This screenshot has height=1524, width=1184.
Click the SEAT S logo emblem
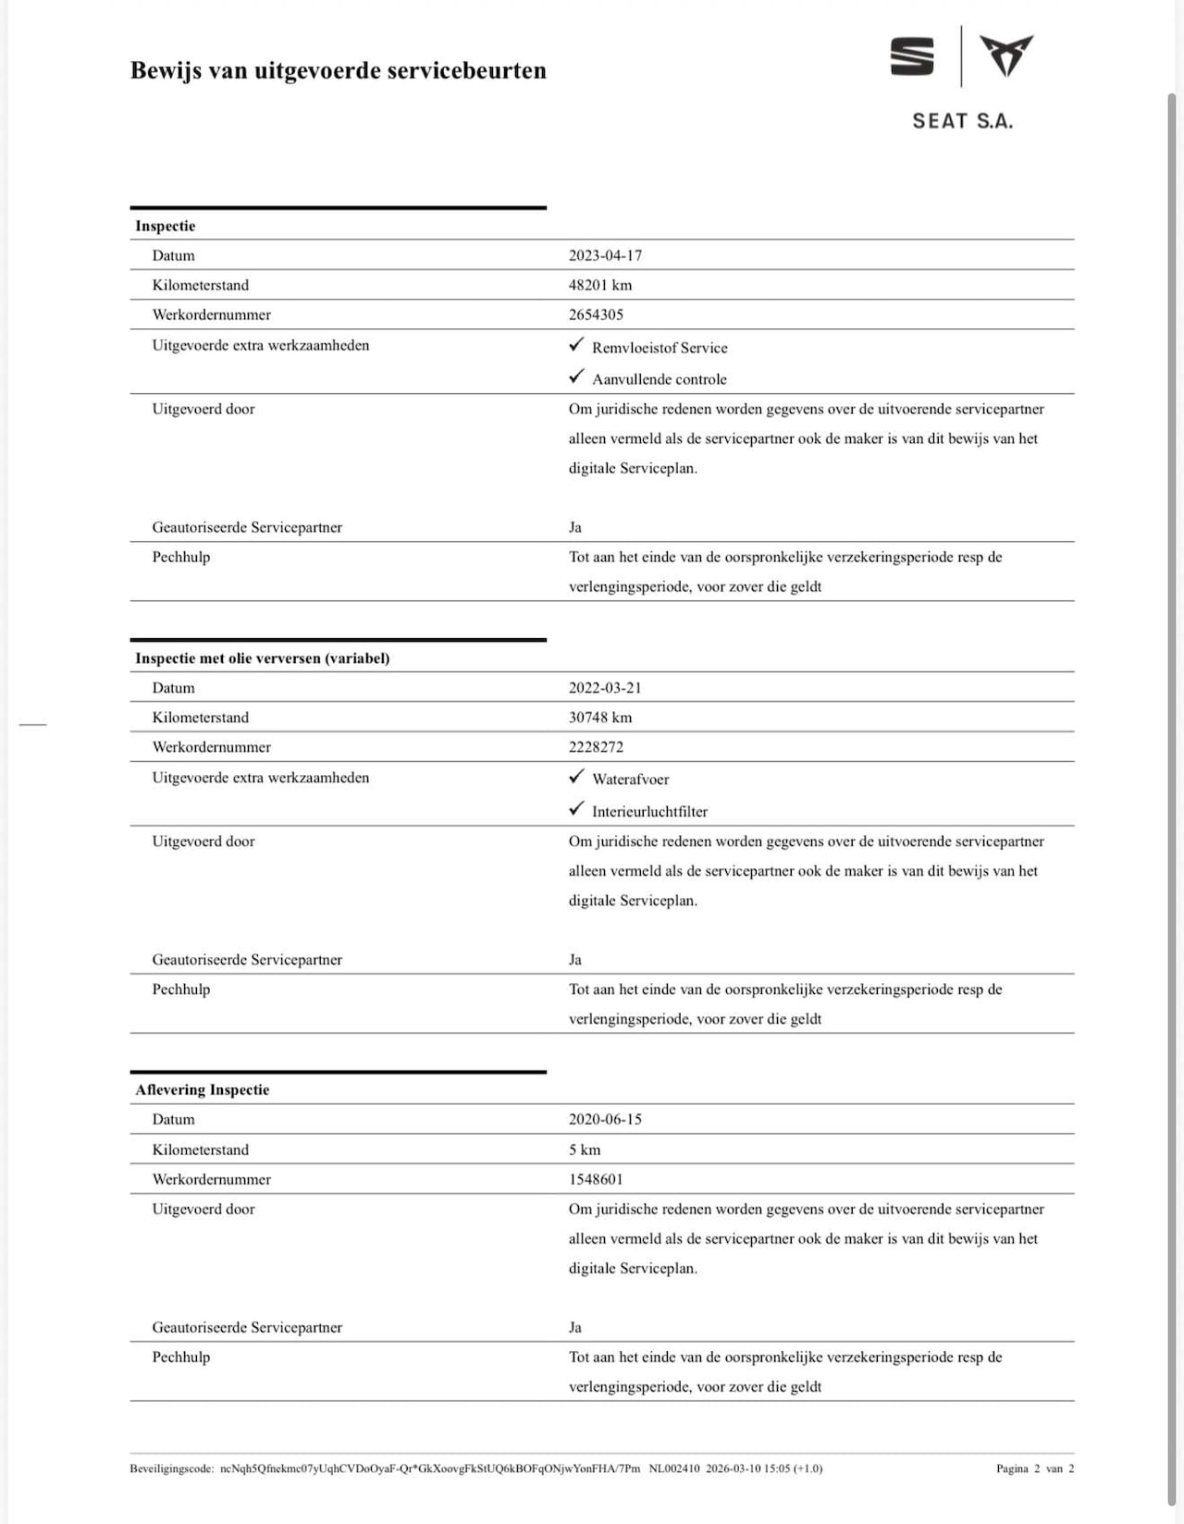912,56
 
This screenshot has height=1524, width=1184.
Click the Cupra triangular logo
1006,55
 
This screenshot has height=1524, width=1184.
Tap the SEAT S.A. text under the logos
962,121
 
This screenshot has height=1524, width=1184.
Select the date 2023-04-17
605,255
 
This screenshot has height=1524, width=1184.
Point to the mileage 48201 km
600,285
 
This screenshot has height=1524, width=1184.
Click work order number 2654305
596,314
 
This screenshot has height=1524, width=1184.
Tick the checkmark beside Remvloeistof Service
577,345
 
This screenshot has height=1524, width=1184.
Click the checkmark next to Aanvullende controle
577,376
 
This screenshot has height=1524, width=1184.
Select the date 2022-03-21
605,688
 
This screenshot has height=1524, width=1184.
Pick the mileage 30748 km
600,718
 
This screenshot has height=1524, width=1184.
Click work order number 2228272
596,747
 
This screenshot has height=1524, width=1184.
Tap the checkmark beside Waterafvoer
577,777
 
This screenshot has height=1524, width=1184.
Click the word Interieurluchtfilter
649,812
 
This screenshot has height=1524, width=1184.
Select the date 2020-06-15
605,1119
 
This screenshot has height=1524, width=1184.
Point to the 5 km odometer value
585,1149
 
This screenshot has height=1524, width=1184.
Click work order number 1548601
596,1179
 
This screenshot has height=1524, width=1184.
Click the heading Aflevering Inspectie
203,1089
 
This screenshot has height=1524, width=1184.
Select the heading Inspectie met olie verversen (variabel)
263,658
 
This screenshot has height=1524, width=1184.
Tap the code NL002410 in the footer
674,1469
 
